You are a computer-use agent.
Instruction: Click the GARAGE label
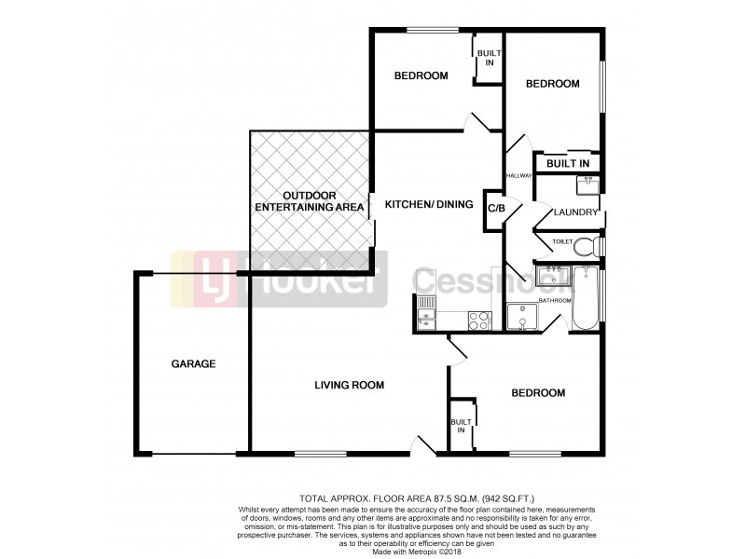193,364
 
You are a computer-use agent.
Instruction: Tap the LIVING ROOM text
349,384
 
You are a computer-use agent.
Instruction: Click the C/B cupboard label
495,207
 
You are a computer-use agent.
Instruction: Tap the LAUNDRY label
574,212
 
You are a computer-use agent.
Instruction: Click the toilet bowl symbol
585,247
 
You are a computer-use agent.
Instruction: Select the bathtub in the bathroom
586,297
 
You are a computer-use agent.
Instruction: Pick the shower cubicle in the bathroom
522,317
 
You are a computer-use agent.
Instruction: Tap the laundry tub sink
588,185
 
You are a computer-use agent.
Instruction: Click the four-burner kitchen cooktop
479,320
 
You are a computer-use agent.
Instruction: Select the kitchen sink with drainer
426,312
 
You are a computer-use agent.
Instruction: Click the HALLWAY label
518,175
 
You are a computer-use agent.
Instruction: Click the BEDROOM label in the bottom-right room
538,393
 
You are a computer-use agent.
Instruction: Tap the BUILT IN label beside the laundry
568,164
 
